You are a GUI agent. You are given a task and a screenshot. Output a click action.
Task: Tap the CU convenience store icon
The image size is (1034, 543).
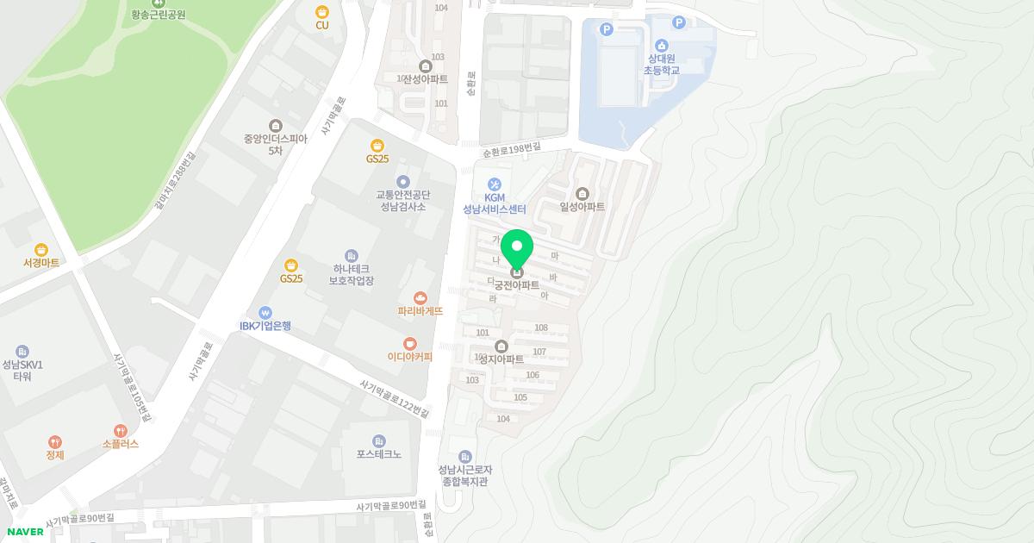click(322, 12)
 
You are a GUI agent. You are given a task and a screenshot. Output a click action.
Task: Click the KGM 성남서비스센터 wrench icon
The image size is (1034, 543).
click(495, 184)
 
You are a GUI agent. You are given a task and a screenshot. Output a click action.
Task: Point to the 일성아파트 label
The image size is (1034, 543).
click(582, 207)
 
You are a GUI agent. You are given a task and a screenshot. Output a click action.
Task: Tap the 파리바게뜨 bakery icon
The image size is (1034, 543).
click(420, 297)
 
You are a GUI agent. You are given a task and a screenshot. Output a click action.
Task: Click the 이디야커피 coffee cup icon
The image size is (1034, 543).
click(410, 343)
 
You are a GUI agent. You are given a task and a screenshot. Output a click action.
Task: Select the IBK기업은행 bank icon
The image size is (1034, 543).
click(265, 312)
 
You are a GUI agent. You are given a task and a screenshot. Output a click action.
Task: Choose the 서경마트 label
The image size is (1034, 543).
click(41, 262)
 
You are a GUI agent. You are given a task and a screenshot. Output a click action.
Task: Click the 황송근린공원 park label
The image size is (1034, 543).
click(159, 15)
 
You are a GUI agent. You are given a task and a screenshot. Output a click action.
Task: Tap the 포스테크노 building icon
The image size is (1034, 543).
click(379, 441)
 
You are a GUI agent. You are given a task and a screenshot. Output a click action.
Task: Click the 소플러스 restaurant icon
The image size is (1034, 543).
click(121, 430)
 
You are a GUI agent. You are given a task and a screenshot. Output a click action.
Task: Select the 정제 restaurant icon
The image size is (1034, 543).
click(55, 441)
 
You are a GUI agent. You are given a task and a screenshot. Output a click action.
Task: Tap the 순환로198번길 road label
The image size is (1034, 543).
click(512, 150)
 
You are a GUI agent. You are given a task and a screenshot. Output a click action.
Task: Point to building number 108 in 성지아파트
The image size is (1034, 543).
click(541, 328)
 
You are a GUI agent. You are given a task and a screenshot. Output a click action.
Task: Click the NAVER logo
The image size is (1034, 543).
click(25, 532)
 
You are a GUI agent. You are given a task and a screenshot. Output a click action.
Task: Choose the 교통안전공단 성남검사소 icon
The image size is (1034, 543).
click(403, 181)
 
